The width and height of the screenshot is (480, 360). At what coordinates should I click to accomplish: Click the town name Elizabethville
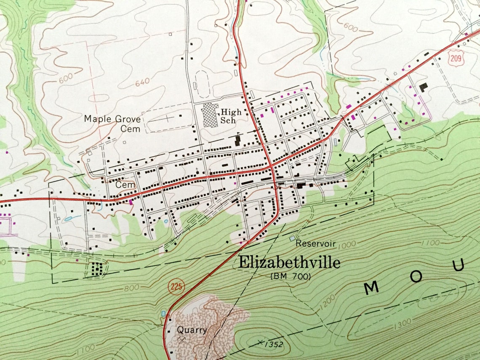pyautogui.click(x=289, y=262)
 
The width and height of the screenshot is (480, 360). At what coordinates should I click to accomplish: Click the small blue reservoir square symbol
pyautogui.click(x=292, y=238)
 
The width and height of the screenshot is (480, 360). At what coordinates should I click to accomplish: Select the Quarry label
pyautogui.click(x=192, y=330)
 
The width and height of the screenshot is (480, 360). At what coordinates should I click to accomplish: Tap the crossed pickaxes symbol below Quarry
pyautogui.click(x=181, y=339)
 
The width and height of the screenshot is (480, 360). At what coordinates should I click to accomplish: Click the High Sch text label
pyautogui.click(x=231, y=116)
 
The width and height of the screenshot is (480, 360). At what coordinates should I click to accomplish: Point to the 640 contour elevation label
pyautogui.click(x=142, y=82)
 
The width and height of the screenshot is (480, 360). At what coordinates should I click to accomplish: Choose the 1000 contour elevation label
pyautogui.click(x=347, y=244)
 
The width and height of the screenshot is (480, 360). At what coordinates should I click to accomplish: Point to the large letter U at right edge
pyautogui.click(x=459, y=265)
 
